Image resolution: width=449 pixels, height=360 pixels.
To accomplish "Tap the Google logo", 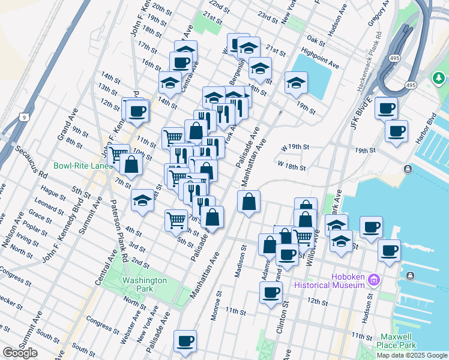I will pyautogui.click(x=20, y=353).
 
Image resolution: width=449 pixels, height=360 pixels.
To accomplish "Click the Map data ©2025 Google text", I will pyautogui.click(x=411, y=355).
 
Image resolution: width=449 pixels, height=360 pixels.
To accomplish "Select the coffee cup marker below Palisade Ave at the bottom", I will pyautogui.click(x=185, y=341).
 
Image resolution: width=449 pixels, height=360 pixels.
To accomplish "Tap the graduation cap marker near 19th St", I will pyautogui.click(x=296, y=83).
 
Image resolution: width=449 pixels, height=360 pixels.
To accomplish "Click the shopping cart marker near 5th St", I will pyautogui.click(x=176, y=220).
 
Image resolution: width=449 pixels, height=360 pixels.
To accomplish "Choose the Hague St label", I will pyautogui.click(x=53, y=194).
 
